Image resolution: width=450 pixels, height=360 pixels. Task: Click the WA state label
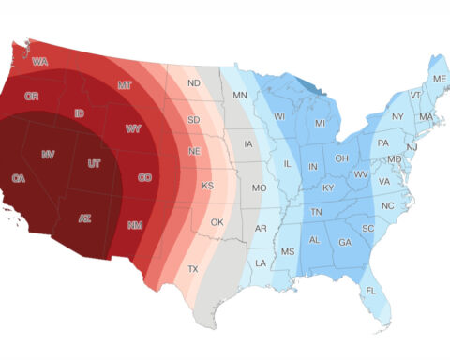(x=40, y=63)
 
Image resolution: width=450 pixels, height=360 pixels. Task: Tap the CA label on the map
(x=18, y=177)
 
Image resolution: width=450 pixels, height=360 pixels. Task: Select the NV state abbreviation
(x=48, y=153)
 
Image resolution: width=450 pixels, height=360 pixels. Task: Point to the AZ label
(x=84, y=217)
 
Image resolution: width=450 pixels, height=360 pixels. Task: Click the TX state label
(x=193, y=268)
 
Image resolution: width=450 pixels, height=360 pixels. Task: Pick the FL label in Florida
(x=370, y=290)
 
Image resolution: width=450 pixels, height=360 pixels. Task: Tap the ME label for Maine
(x=439, y=80)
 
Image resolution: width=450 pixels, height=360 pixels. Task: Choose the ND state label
(x=194, y=82)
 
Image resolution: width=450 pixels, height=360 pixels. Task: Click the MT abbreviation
(x=125, y=85)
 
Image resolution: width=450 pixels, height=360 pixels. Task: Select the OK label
(x=217, y=222)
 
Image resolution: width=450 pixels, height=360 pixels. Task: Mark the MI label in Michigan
(x=320, y=124)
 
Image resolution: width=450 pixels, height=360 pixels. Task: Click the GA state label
(x=345, y=241)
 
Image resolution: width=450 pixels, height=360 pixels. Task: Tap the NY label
(x=397, y=116)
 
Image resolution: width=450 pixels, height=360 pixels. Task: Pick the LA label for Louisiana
(x=259, y=262)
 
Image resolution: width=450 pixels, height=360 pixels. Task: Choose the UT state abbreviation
(x=93, y=164)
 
